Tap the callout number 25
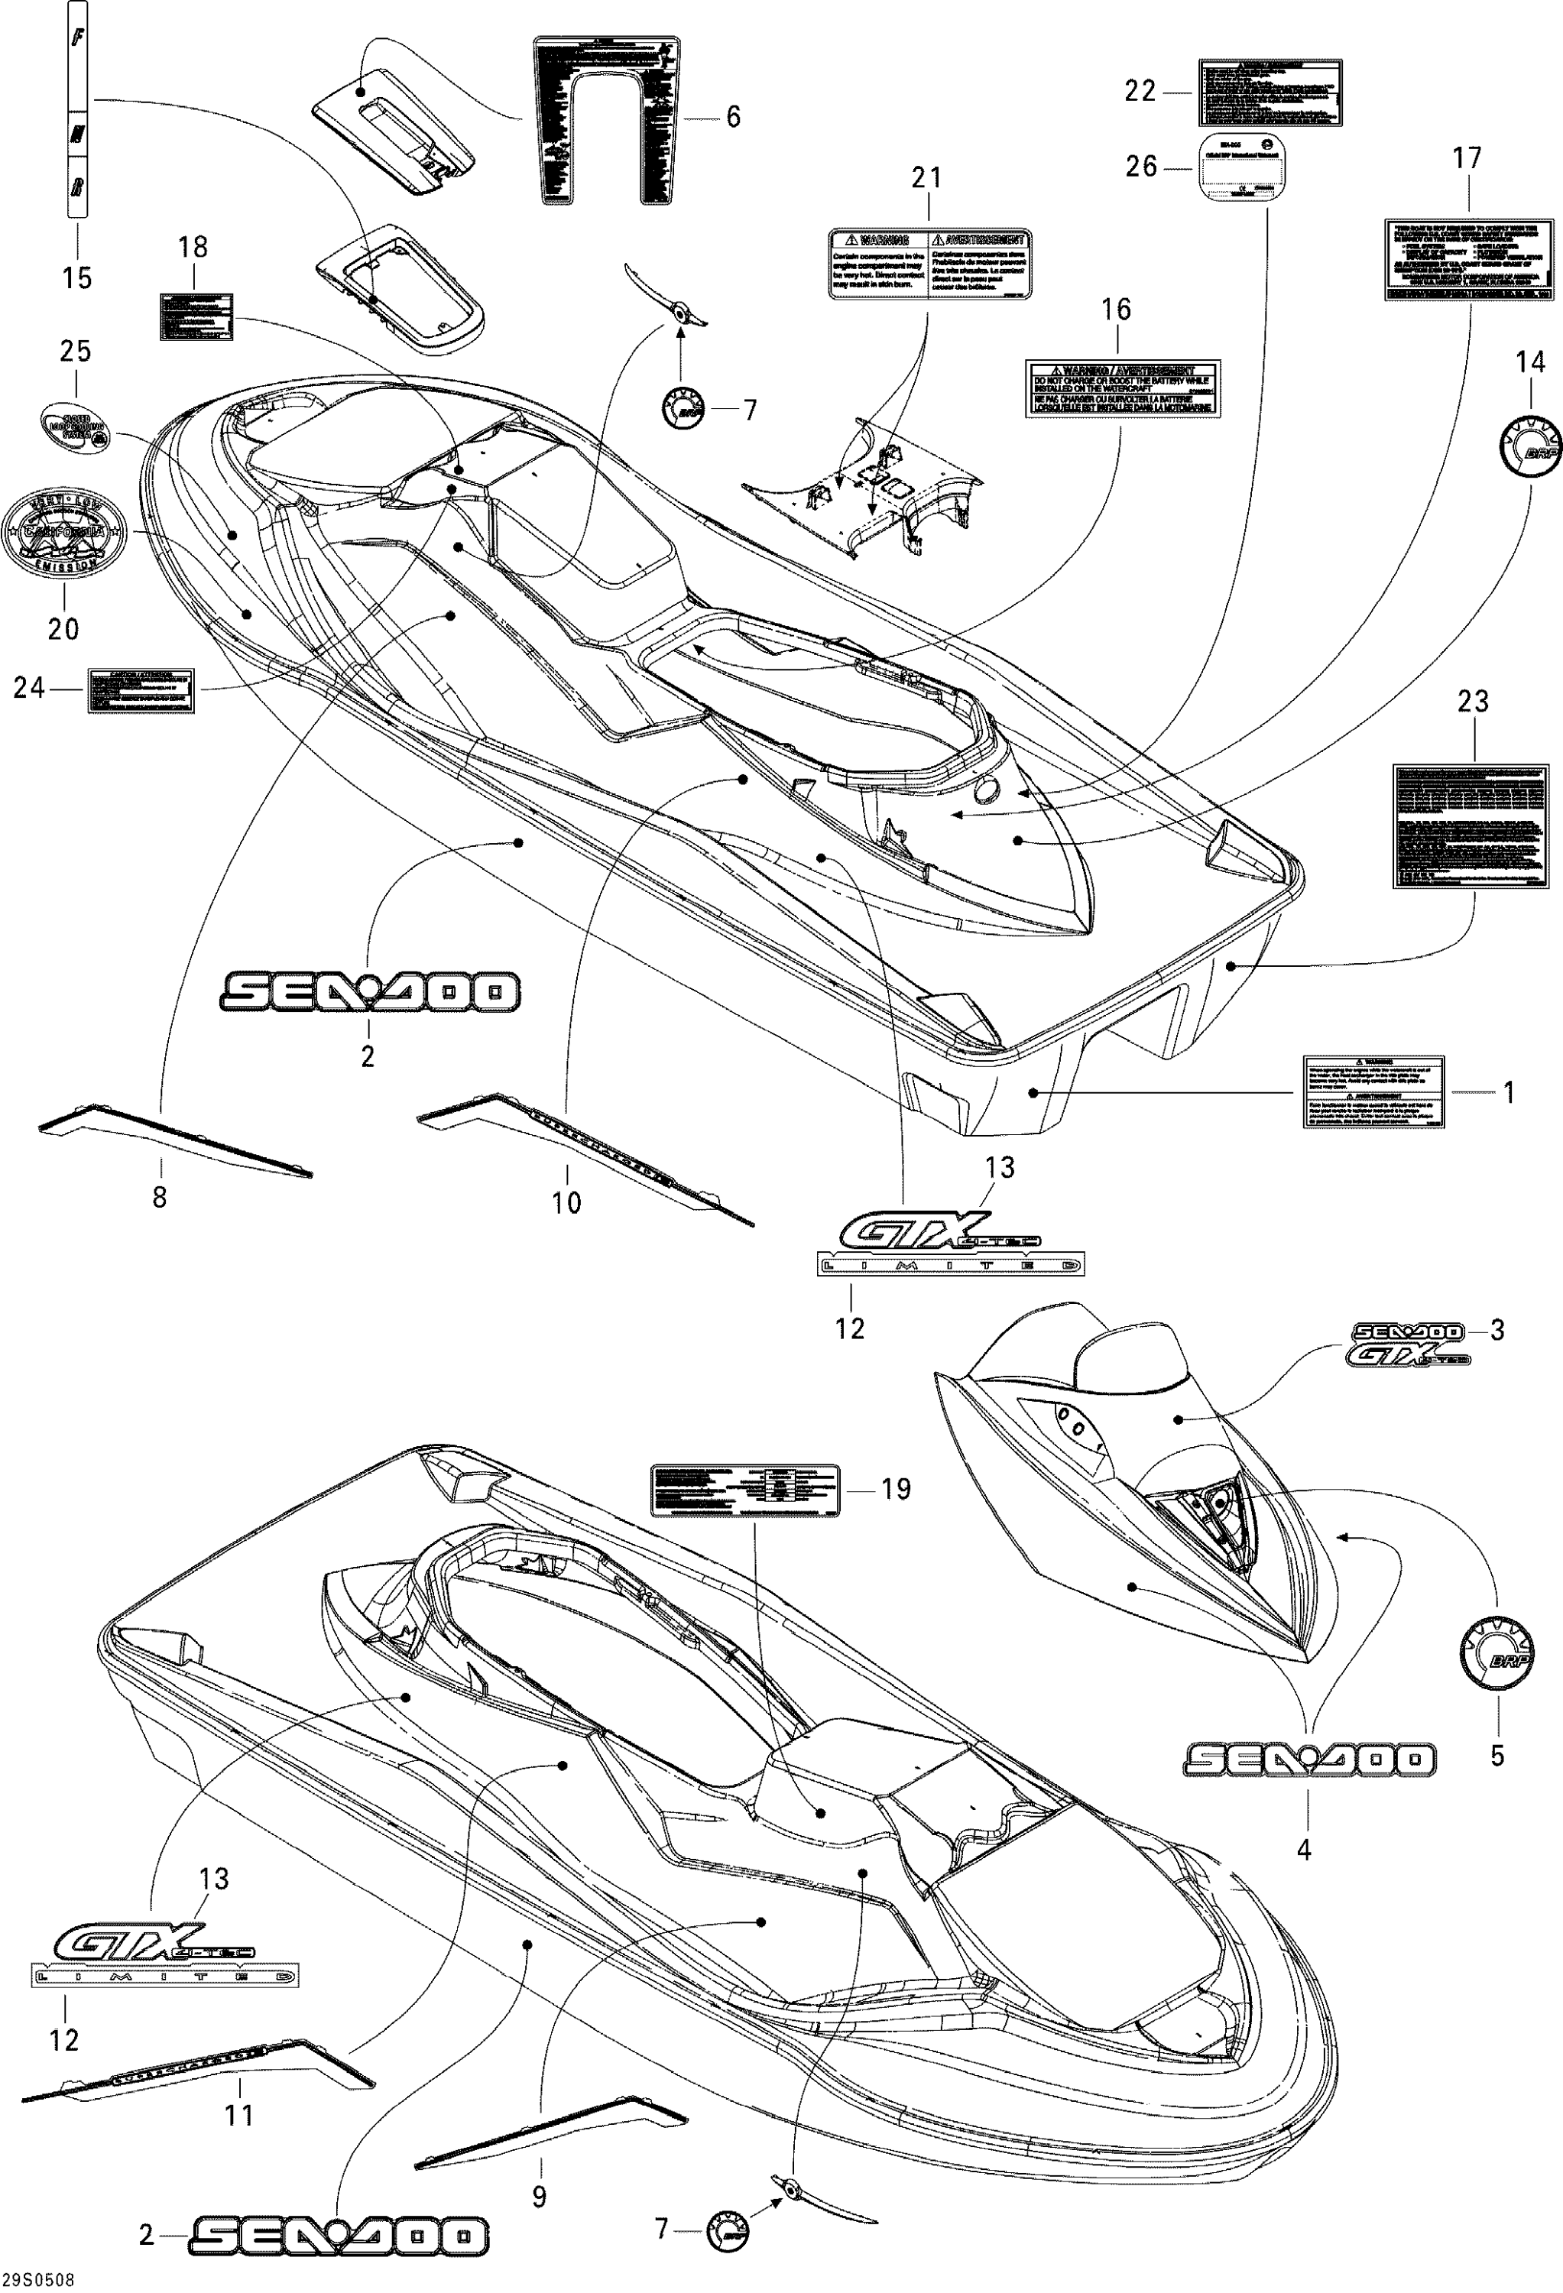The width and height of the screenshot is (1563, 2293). (x=76, y=352)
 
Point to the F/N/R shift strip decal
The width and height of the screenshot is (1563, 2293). (x=78, y=109)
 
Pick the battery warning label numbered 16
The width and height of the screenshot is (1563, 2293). (x=1122, y=386)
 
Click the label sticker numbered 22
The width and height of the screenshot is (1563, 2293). (x=1269, y=92)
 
